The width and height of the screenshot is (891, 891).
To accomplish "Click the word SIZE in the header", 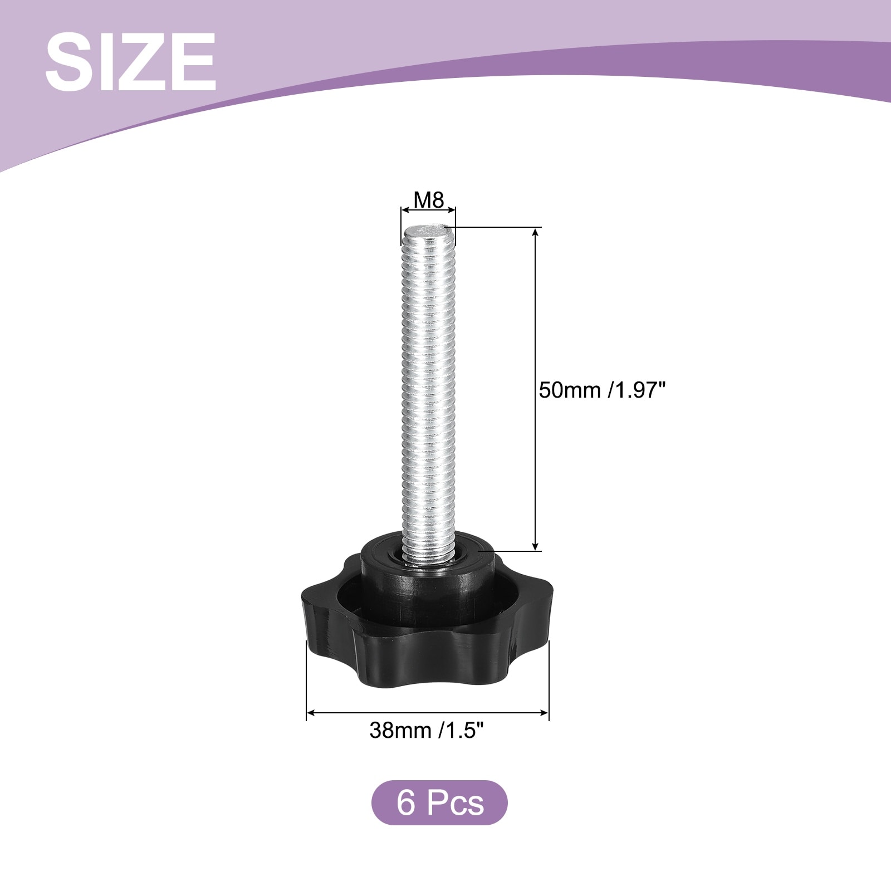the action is coord(130,62).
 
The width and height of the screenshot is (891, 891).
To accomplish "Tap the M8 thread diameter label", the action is coord(429,199).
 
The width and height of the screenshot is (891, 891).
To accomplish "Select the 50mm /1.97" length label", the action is coord(603,390).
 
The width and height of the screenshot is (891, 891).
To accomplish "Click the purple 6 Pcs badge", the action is coord(439,802).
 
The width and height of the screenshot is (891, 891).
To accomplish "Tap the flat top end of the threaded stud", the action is coord(428,229).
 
